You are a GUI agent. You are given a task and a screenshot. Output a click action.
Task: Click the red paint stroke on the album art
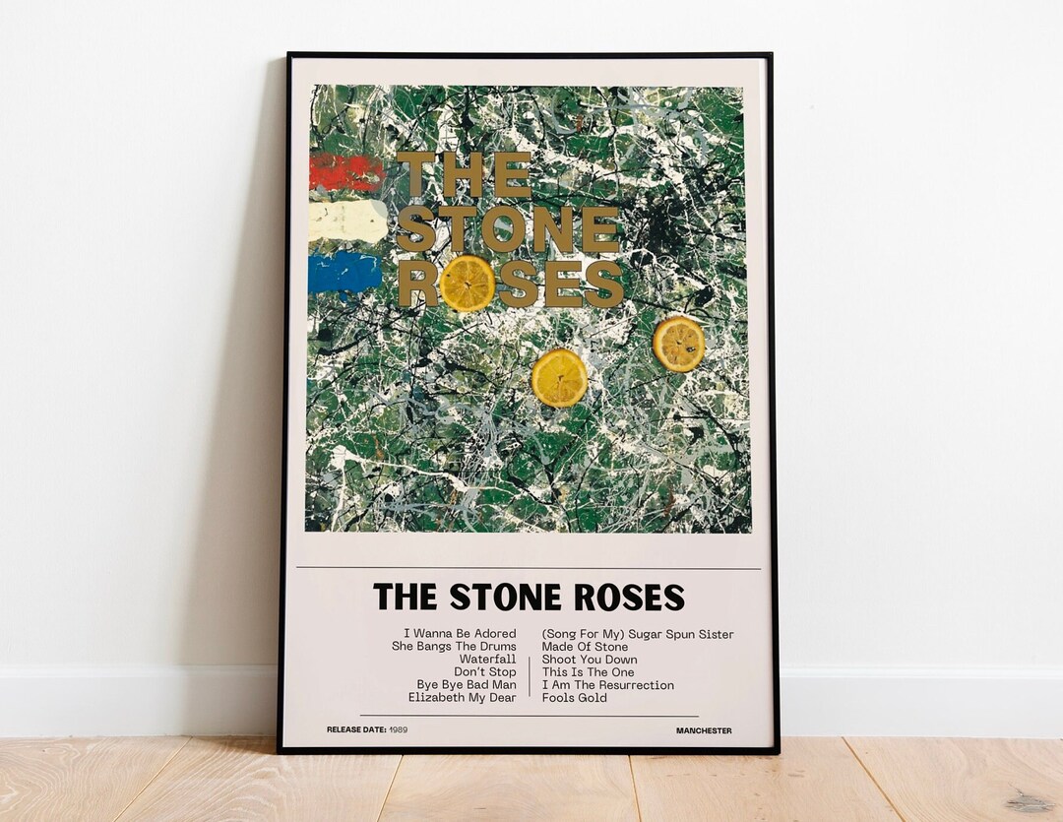pyautogui.click(x=345, y=173)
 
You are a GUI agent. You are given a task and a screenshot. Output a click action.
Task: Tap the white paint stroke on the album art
pyautogui.click(x=347, y=222)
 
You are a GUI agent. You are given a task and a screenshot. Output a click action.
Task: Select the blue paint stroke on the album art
pyautogui.click(x=344, y=273)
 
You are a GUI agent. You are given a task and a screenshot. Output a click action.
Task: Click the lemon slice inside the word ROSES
pyautogui.click(x=467, y=284)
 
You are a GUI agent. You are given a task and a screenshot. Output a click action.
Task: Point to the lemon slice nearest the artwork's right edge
pyautogui.click(x=679, y=344)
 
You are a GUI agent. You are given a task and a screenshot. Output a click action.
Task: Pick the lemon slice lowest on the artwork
pyautogui.click(x=559, y=377)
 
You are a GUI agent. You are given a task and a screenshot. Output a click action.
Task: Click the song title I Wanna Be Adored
pyautogui.click(x=460, y=634)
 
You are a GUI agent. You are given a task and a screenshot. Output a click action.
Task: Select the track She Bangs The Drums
pyautogui.click(x=454, y=647)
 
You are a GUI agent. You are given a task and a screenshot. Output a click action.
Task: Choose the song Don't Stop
pyautogui.click(x=485, y=672)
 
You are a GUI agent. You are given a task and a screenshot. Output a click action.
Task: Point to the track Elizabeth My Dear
pyautogui.click(x=463, y=698)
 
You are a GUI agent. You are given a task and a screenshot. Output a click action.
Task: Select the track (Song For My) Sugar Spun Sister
pyautogui.click(x=638, y=634)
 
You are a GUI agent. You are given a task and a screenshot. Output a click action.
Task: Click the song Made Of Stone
pyautogui.click(x=585, y=647)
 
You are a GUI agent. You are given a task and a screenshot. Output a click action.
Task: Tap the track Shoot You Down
pyautogui.click(x=590, y=660)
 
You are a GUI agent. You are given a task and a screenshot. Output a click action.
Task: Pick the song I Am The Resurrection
pyautogui.click(x=608, y=685)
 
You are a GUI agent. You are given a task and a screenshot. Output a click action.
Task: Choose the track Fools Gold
pyautogui.click(x=575, y=698)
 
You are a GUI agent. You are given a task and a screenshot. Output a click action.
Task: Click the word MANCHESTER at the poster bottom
pyautogui.click(x=704, y=730)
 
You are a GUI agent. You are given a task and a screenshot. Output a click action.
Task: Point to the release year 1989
pyautogui.click(x=398, y=730)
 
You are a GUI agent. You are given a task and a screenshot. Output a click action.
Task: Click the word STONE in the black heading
pyautogui.click(x=505, y=598)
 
